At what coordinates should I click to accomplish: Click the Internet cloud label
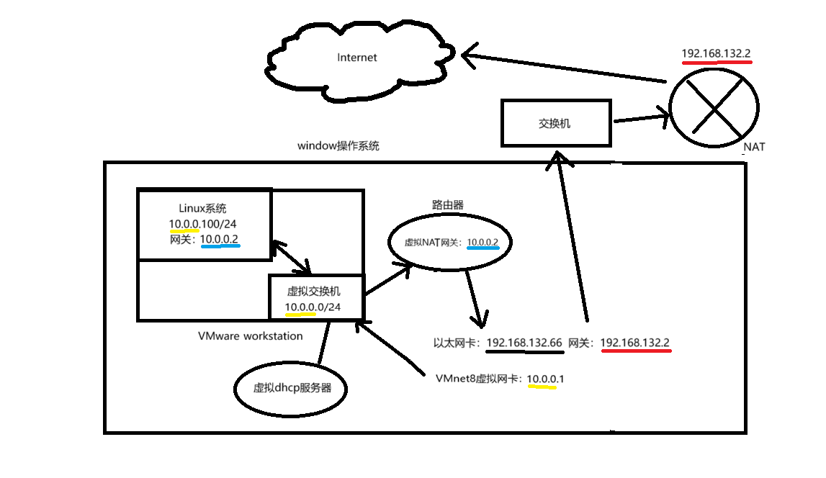[x=356, y=58]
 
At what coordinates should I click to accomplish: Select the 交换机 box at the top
[x=555, y=123]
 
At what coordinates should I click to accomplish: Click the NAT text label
[x=754, y=147]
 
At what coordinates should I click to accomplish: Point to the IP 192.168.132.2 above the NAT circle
[x=717, y=53]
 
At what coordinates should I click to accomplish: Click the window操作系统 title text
[x=338, y=145]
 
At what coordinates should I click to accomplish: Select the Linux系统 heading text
[x=203, y=209]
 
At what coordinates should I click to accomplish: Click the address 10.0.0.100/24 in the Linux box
[x=203, y=224]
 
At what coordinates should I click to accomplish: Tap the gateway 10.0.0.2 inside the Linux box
[x=220, y=239]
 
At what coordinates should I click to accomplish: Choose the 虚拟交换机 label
[x=314, y=292]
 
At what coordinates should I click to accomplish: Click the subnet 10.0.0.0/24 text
[x=313, y=307]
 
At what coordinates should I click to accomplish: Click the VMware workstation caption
[x=251, y=336]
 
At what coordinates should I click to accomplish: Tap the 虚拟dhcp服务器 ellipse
[x=292, y=388]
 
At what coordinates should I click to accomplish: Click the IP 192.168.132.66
[x=524, y=343]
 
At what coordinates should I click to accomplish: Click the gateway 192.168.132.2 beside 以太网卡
[x=635, y=343]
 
